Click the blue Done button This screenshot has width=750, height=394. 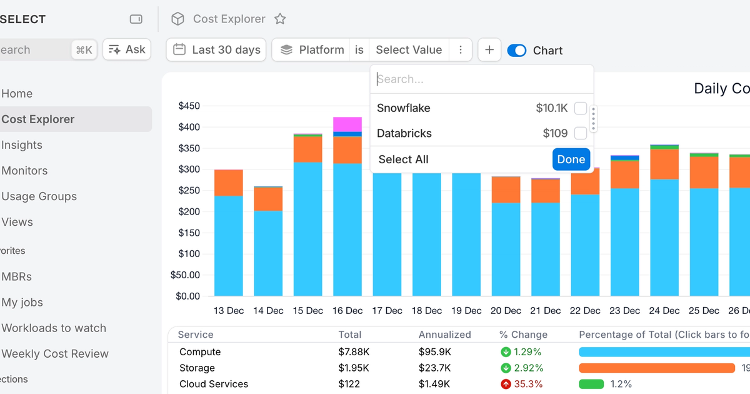[x=571, y=159]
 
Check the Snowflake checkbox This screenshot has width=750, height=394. [x=581, y=108]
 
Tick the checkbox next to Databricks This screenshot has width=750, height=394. [x=581, y=133]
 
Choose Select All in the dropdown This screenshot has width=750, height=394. [x=403, y=159]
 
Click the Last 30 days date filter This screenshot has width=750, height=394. [x=216, y=50]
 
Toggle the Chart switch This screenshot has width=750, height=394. [x=517, y=51]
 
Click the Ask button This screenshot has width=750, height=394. [x=127, y=50]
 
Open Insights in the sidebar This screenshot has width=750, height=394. [x=22, y=145]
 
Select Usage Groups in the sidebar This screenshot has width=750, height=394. [x=39, y=196]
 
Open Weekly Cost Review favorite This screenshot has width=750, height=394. [x=55, y=354]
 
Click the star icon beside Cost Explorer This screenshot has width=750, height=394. [x=280, y=19]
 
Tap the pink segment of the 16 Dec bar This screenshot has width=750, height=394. [x=347, y=124]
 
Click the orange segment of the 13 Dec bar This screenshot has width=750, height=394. [x=229, y=183]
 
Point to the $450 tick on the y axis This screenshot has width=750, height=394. [x=189, y=106]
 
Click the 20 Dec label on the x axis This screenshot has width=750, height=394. [x=506, y=311]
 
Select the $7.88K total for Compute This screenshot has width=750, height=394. [x=354, y=352]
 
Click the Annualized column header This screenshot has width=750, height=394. [x=445, y=335]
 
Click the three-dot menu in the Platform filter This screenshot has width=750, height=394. [x=461, y=50]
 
